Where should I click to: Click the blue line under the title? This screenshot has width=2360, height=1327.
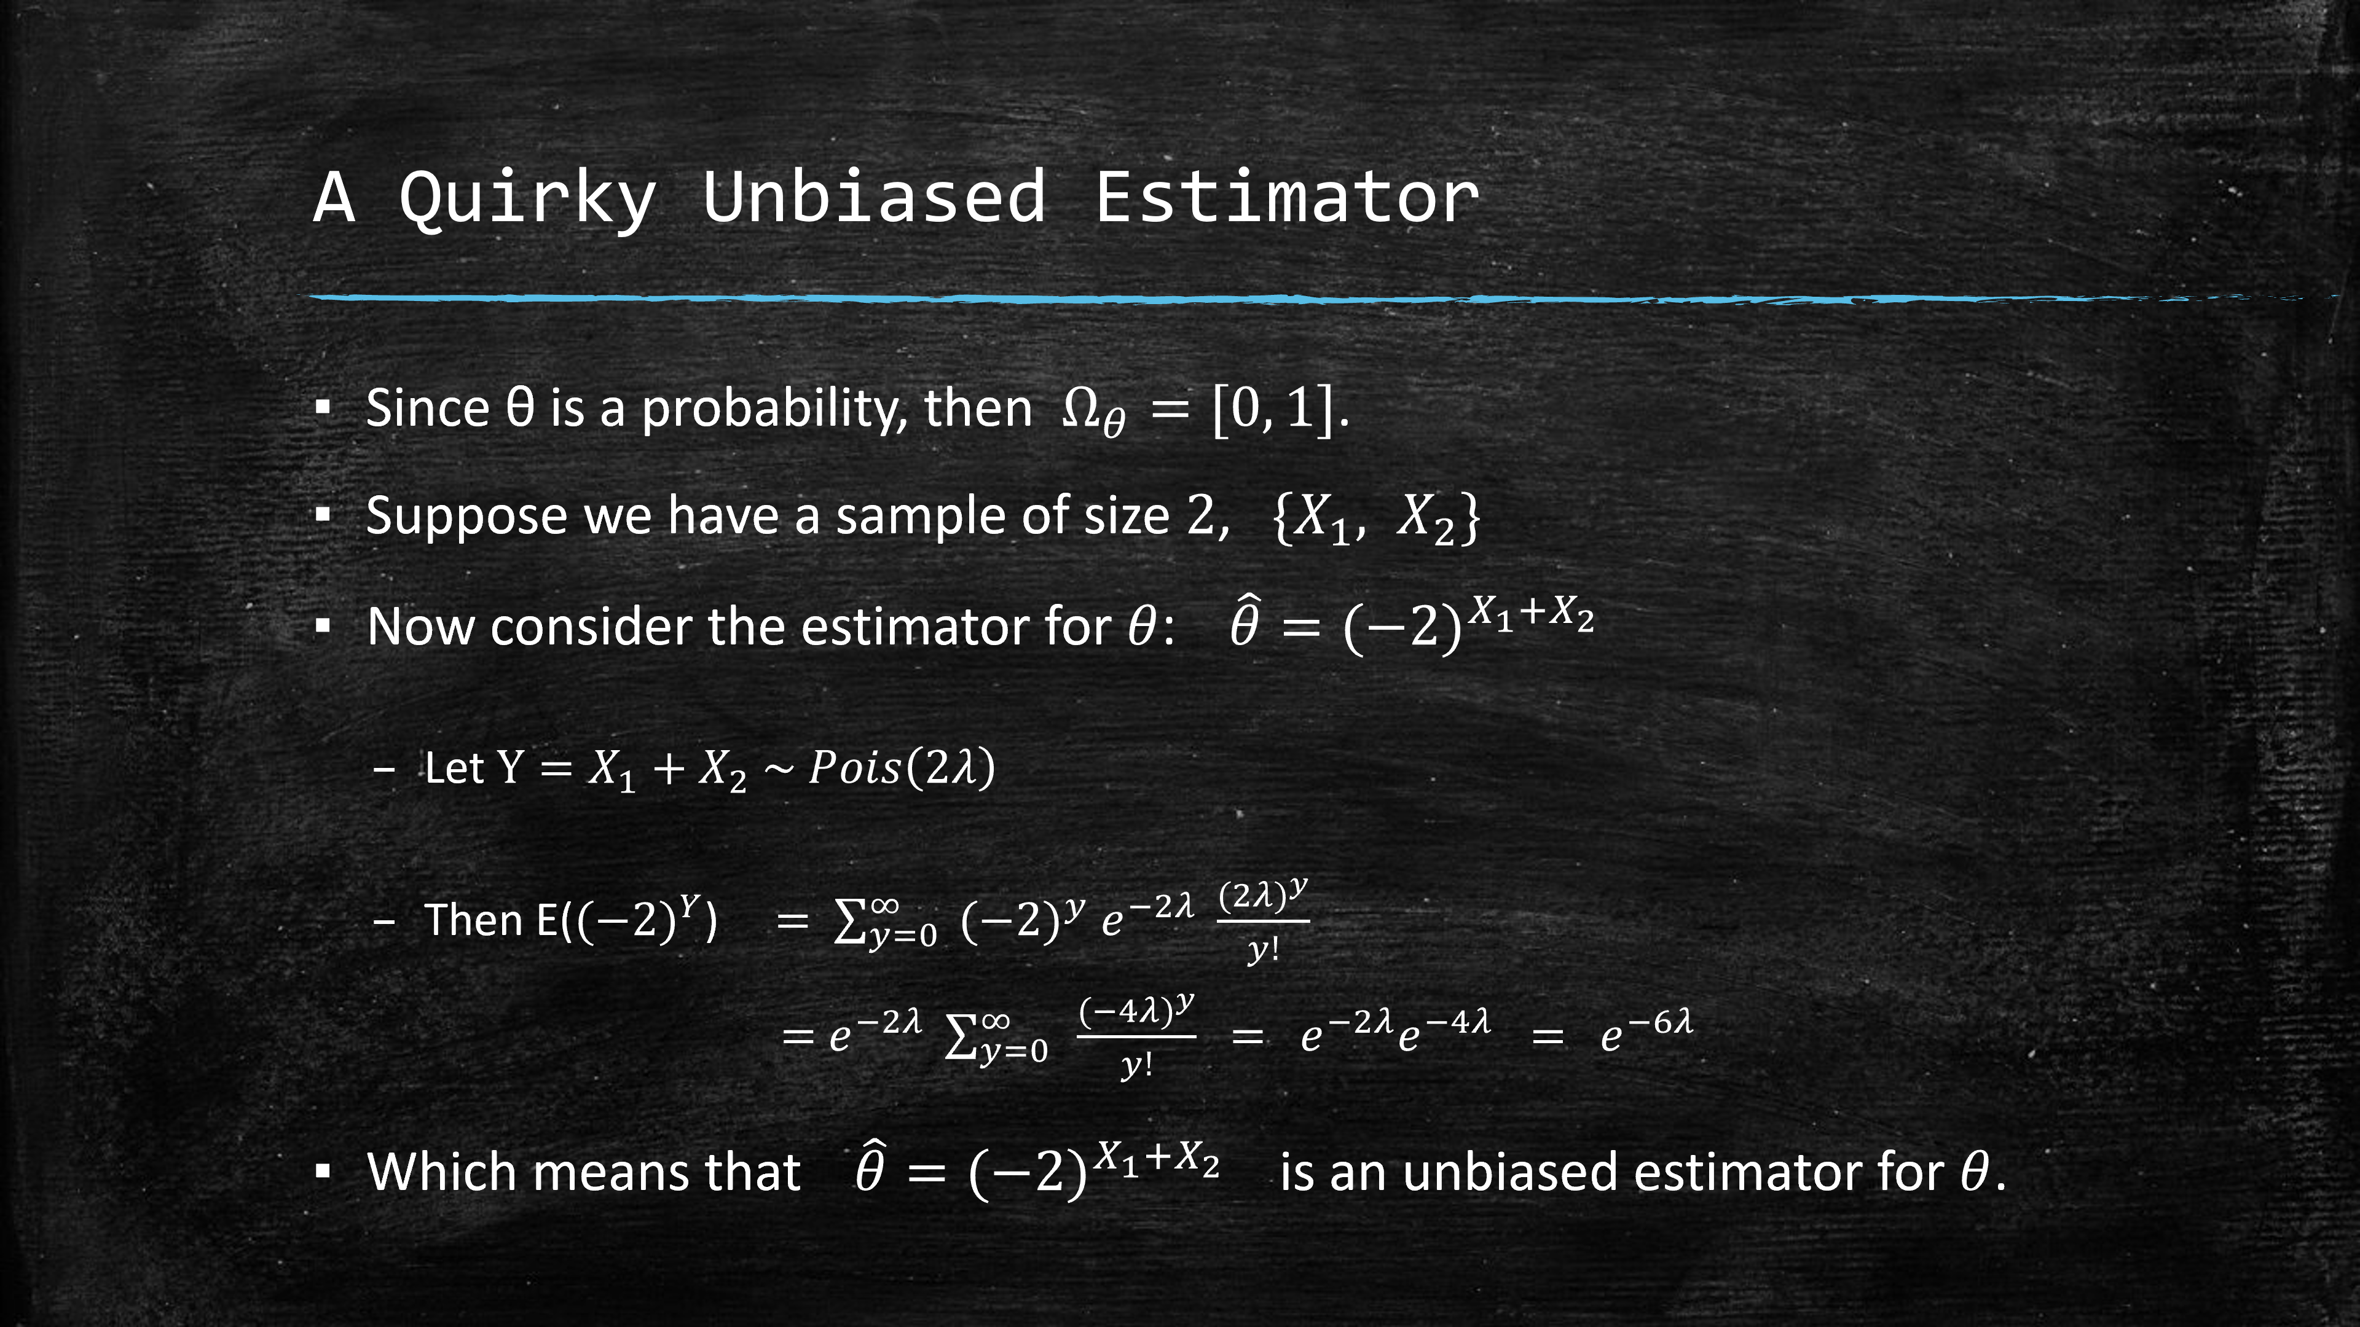[1320, 297]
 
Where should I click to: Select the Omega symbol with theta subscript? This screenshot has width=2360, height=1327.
[1093, 413]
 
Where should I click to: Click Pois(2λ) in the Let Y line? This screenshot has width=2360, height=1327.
[902, 767]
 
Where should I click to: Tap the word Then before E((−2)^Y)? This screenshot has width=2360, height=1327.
[474, 920]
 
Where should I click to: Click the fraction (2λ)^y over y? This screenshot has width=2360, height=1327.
[1262, 920]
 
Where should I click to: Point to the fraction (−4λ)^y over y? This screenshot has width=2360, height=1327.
[1136, 1036]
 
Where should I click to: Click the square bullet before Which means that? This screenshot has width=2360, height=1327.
[321, 1172]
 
